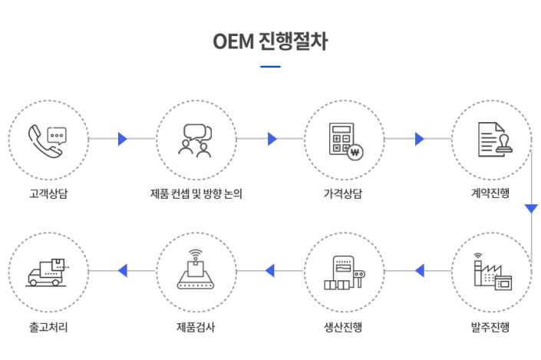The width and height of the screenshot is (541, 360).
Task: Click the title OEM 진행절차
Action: pyautogui.click(x=270, y=41)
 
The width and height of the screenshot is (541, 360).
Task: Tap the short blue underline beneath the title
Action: pyautogui.click(x=270, y=67)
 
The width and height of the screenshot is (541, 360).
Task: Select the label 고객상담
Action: pyautogui.click(x=48, y=193)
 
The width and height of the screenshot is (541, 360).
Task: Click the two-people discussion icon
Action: pyautogui.click(x=195, y=140)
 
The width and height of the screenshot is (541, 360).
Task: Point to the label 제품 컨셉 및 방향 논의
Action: pyautogui.click(x=196, y=193)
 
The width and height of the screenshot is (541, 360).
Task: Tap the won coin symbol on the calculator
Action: pyautogui.click(x=355, y=152)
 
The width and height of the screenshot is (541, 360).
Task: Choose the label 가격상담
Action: pyautogui.click(x=343, y=193)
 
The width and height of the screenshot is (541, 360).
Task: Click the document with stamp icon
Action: pyautogui.click(x=495, y=140)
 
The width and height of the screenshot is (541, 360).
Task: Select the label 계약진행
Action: pyautogui.click(x=490, y=193)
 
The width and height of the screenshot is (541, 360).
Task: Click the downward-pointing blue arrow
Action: pyautogui.click(x=531, y=209)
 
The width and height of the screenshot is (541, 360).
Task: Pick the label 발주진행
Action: pyautogui.click(x=490, y=326)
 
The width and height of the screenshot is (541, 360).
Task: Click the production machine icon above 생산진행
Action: pyautogui.click(x=345, y=272)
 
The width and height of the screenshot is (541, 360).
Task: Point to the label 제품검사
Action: pyautogui.click(x=196, y=326)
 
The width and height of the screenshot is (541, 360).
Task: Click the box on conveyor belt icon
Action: pyautogui.click(x=196, y=269)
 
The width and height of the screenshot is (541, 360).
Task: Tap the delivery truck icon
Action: pyautogui.click(x=48, y=272)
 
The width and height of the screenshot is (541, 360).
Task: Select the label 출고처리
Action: pyautogui.click(x=48, y=326)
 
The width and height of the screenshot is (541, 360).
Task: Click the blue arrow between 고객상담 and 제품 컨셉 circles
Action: pyautogui.click(x=123, y=139)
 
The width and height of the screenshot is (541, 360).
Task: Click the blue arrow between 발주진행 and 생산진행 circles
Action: pyautogui.click(x=420, y=271)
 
